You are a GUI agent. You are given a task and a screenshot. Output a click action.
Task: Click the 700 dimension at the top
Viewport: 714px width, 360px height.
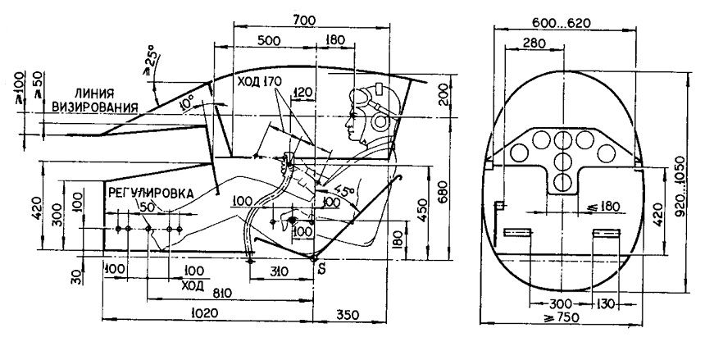(305, 21)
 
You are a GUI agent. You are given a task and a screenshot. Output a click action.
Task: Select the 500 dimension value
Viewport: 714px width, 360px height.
(269, 39)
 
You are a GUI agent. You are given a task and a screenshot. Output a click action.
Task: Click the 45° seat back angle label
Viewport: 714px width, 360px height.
(345, 190)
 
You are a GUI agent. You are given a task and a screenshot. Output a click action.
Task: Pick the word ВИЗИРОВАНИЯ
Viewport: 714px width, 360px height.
(94, 107)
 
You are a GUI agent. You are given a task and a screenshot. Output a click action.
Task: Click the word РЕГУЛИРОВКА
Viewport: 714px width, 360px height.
(151, 193)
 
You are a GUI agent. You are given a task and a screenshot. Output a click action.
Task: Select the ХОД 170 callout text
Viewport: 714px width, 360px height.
(259, 81)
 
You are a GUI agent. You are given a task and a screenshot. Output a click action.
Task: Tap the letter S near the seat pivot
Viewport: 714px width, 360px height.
(322, 269)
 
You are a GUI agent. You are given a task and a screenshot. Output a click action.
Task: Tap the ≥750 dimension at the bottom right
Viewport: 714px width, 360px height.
(561, 317)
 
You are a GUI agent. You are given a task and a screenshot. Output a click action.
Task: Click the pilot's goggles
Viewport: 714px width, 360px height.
(361, 96)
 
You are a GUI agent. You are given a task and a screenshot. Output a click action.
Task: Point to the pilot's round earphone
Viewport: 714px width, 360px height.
(380, 121)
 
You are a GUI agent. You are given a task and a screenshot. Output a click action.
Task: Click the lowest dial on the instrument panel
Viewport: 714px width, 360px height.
(563, 182)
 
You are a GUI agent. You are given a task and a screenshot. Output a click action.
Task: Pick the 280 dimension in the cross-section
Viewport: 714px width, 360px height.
(534, 43)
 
